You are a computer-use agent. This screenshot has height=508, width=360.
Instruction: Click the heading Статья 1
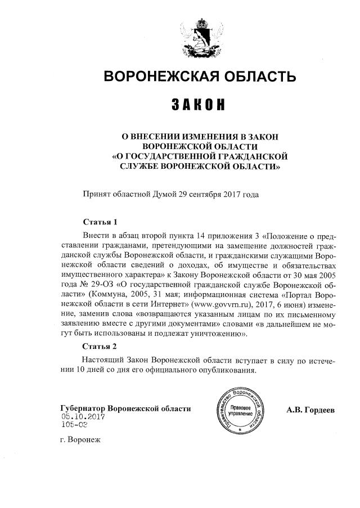100,222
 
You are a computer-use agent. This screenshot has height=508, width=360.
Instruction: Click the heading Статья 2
100,345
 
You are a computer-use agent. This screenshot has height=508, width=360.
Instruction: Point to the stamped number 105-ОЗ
74,425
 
